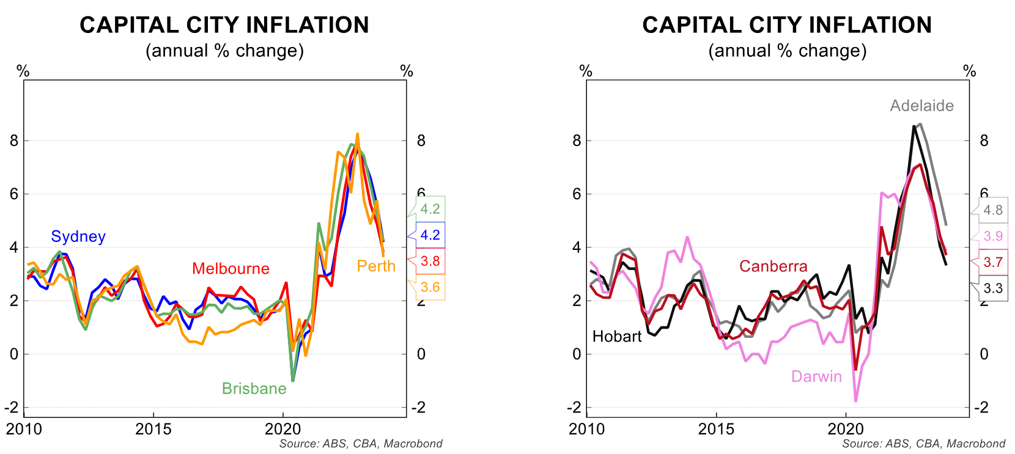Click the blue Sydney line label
point(78,236)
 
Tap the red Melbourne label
point(231,269)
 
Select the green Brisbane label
point(254,389)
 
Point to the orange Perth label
point(376,266)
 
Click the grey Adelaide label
point(921,106)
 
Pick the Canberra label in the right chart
point(773,266)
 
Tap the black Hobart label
point(617,337)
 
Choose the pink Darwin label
point(816,376)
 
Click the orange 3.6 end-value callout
point(430,287)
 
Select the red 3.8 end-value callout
point(430,262)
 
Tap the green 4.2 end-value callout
point(430,209)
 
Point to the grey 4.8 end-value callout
point(993,210)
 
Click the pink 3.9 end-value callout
point(993,236)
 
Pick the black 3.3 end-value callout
point(993,288)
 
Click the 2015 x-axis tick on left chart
point(153,429)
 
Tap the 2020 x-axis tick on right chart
point(846,429)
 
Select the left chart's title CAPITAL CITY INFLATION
point(224,25)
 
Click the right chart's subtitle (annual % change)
point(787,51)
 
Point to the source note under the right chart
point(923,444)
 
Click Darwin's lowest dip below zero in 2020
point(855,401)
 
